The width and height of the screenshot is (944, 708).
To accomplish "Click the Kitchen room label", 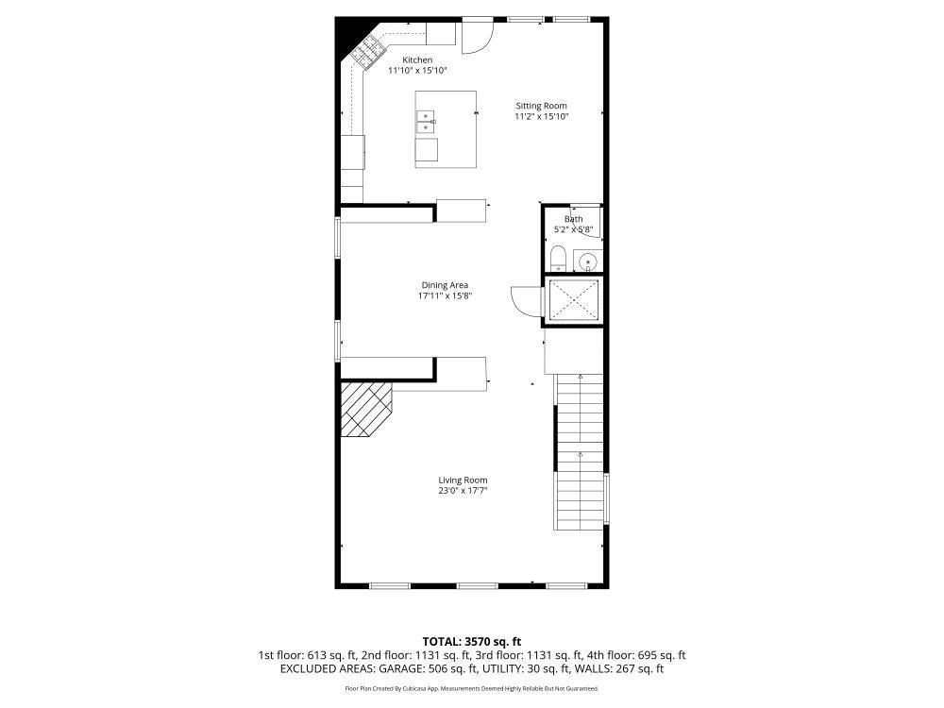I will (416, 60).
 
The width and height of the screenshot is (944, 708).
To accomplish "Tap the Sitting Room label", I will (541, 106).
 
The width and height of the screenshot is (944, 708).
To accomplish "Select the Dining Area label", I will (445, 285).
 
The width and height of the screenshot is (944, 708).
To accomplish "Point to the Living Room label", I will (463, 480).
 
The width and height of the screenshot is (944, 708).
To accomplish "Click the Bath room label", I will (573, 219).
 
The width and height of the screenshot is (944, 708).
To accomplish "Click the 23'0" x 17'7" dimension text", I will (463, 491).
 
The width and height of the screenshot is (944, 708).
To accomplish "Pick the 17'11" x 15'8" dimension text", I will (445, 295).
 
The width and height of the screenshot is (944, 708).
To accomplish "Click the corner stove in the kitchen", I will (367, 50).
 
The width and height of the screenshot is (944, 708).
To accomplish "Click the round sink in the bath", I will (587, 261).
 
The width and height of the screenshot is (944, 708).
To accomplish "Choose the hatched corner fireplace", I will (362, 408).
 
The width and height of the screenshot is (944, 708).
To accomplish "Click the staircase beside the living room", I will (578, 451).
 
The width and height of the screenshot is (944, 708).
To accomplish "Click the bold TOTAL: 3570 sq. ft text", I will (471, 642).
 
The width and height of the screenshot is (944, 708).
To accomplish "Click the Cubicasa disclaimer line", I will (471, 689).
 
